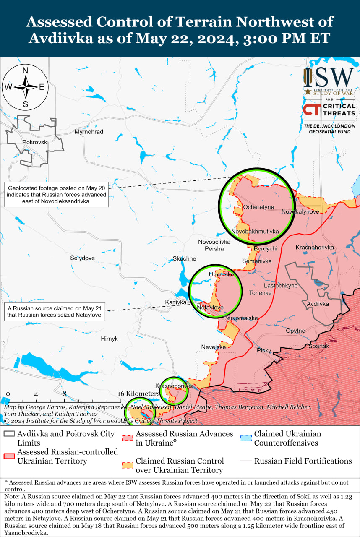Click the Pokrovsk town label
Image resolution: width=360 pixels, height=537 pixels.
35,142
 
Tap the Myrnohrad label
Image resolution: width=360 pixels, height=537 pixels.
89,132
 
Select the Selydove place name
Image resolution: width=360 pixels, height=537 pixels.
82,258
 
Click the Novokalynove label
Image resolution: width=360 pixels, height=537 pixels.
300,211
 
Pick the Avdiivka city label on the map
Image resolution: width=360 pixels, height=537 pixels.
318,304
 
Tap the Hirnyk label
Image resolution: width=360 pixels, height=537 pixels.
109,339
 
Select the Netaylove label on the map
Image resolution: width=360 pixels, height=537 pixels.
210,308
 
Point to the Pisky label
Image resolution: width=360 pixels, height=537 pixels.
264,351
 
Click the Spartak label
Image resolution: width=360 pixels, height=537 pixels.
319,346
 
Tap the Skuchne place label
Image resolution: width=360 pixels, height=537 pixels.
184,258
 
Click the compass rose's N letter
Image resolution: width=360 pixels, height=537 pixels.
25,70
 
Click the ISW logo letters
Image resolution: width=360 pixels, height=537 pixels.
329,77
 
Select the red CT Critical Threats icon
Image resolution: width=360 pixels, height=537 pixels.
311,110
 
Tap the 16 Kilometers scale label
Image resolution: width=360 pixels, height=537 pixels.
139,394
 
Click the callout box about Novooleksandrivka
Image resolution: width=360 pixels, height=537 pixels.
56,195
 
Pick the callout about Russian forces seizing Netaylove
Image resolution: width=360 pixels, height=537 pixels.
55,311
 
